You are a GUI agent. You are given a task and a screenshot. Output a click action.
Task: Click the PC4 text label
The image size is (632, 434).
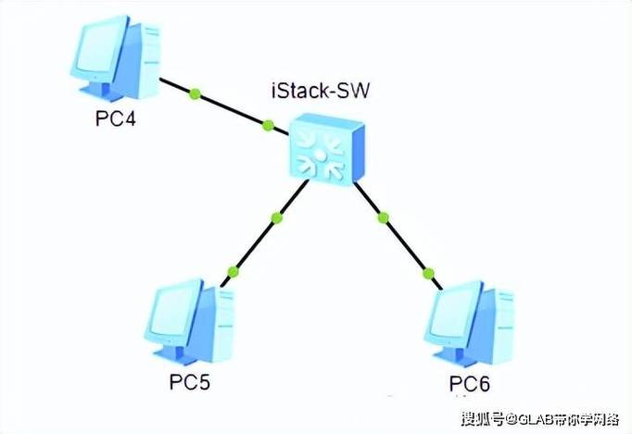[x=116, y=118]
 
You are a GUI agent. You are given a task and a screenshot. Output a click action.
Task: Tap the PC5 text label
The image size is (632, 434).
[x=190, y=381]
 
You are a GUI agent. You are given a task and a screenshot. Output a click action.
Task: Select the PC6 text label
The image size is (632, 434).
[x=470, y=384]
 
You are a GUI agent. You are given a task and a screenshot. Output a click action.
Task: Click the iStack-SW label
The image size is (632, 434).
[x=321, y=91]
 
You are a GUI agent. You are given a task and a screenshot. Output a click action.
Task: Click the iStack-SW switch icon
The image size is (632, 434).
[x=327, y=149]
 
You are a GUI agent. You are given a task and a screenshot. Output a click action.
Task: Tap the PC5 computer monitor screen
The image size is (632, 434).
[x=174, y=312]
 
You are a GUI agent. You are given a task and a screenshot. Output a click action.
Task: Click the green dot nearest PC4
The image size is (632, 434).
[x=196, y=93]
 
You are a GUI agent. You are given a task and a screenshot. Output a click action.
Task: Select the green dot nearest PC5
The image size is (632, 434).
[x=233, y=272]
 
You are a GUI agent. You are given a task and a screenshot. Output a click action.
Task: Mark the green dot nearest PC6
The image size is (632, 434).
[x=428, y=274]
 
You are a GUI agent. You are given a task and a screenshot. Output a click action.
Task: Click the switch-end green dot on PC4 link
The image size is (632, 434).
[x=268, y=126]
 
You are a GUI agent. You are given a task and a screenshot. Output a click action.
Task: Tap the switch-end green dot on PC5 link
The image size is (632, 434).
[x=277, y=217]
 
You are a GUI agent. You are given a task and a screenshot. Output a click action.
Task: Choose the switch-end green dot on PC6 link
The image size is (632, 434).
[x=383, y=217]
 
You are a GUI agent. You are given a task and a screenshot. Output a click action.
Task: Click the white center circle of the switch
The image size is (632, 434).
[x=319, y=155]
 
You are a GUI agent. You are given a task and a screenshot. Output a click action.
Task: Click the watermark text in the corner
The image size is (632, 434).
[x=540, y=419]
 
